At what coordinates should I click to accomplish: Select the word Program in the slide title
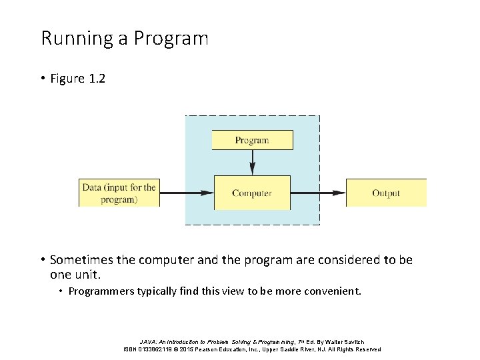(171, 39)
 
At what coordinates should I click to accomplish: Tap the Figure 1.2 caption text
(77, 79)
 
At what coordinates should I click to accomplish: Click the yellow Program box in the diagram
(252, 140)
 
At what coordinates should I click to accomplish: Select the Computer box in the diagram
(252, 193)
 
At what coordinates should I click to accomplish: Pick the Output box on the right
(385, 193)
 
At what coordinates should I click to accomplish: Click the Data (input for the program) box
(119, 193)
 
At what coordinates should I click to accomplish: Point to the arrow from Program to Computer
(252, 162)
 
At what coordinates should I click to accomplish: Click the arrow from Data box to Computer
(187, 193)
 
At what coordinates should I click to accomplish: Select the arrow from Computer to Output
(318, 193)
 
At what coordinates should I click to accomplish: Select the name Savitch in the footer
(353, 341)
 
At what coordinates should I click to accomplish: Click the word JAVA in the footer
(149, 341)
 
